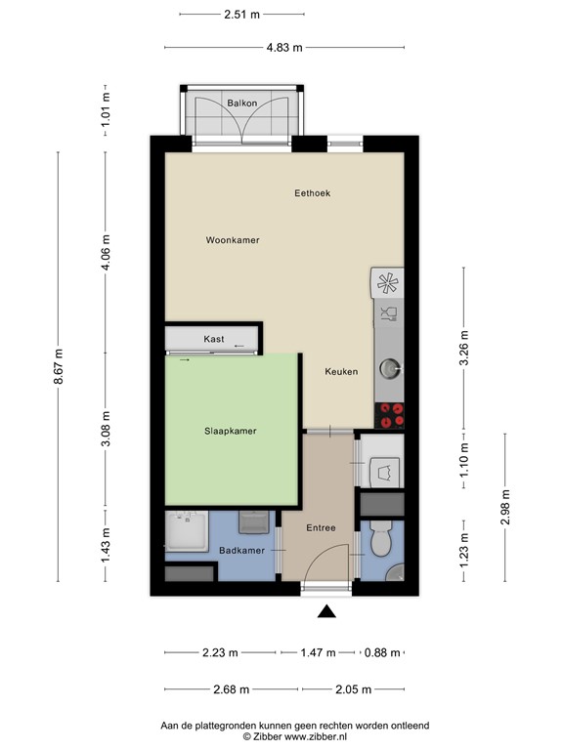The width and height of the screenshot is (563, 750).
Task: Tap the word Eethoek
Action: click(x=313, y=193)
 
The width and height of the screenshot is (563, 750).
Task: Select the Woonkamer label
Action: click(x=233, y=240)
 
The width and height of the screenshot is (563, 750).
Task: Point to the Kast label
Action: click(x=213, y=339)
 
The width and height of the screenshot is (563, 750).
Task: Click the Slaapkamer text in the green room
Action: click(x=231, y=431)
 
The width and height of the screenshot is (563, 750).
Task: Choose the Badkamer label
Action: click(x=240, y=551)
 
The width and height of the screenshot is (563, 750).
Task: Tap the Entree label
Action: click(x=321, y=528)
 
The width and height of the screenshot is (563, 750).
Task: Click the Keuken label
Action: click(x=341, y=371)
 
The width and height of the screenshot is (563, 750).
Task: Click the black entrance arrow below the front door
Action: click(x=327, y=612)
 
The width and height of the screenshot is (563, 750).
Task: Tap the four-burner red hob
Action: click(x=391, y=415)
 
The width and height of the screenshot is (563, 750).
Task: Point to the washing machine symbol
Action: click(x=383, y=470)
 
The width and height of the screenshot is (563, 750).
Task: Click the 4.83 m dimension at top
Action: click(x=283, y=46)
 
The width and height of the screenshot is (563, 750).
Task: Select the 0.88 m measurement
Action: click(x=382, y=652)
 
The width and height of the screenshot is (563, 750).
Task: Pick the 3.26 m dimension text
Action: click(x=464, y=350)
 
